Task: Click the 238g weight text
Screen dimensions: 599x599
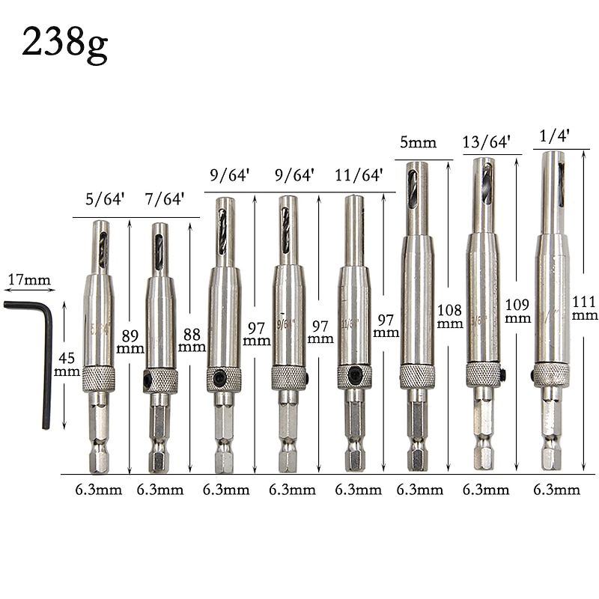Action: click(64, 43)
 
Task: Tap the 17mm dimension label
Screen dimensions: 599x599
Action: click(29, 281)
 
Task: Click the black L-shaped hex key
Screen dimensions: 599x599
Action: click(37, 352)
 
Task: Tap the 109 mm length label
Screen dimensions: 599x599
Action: click(517, 311)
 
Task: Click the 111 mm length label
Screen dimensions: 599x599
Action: click(585, 308)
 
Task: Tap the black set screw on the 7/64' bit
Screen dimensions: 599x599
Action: click(147, 381)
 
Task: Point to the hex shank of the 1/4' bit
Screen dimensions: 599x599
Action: click(552, 434)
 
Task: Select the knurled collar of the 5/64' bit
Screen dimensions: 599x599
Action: click(99, 379)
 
